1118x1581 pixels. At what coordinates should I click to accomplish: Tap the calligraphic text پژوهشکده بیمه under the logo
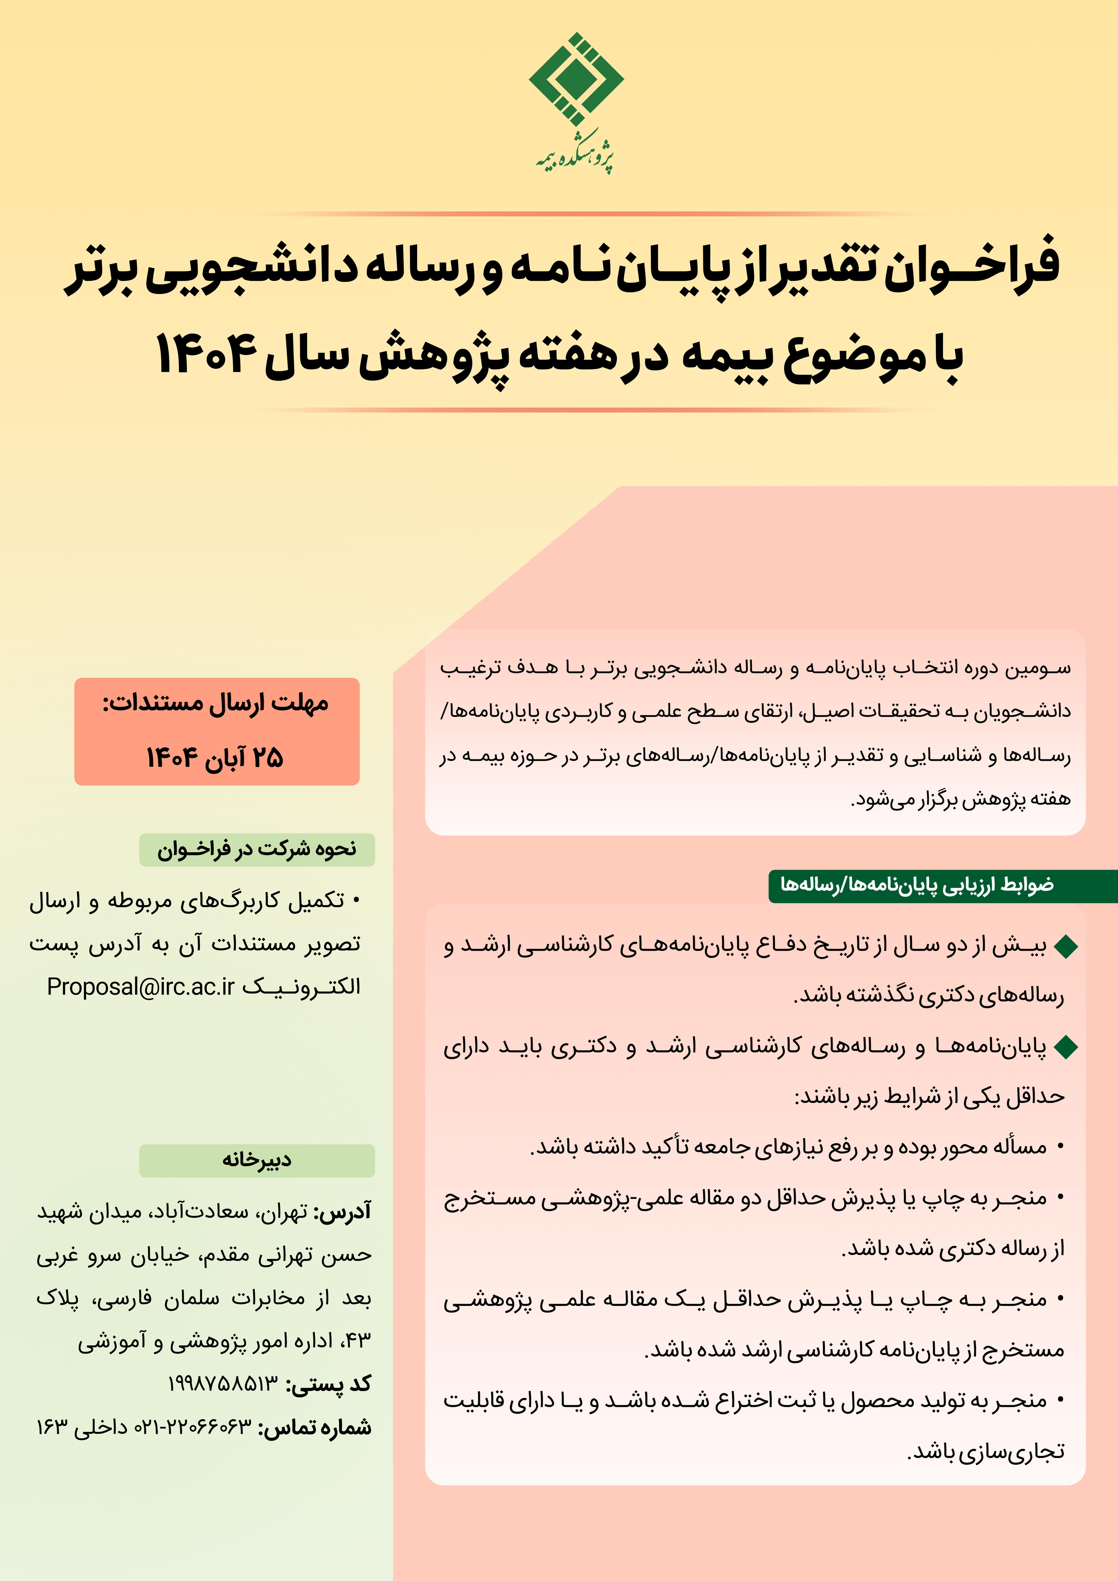576,158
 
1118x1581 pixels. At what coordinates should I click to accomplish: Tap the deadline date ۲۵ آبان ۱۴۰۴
216,757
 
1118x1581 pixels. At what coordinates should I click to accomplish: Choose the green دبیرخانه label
257,1160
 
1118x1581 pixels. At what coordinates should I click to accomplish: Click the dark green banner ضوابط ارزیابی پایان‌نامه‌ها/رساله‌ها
916,885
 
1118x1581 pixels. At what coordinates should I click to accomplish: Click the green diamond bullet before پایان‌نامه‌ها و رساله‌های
1065,1047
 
